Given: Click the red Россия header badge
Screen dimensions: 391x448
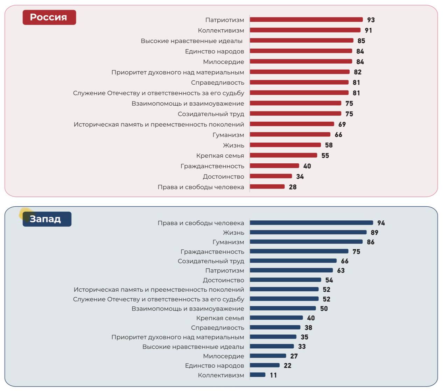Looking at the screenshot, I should [49, 17].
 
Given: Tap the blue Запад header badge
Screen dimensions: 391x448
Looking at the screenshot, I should [47, 219].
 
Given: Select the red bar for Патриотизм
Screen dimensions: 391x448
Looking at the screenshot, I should [306, 20].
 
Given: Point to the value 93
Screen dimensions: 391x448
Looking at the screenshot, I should [371, 20].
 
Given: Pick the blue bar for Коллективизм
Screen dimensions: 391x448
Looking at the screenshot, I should [258, 375].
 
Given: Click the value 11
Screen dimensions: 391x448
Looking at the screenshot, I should [273, 375].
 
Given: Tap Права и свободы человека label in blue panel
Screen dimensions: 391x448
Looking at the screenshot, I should [201, 223].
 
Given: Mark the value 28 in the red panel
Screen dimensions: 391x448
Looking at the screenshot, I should [293, 187].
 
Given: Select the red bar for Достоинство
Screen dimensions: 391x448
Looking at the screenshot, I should [271, 176].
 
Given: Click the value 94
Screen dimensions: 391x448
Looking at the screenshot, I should [381, 223].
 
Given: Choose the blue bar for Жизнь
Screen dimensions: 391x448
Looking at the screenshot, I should [308, 232].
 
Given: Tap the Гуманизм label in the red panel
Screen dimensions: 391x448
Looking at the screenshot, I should [228, 135].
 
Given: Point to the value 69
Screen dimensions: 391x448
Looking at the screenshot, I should [342, 125].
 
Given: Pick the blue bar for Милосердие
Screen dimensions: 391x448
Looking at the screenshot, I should [268, 356].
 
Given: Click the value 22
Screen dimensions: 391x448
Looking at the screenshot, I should [287, 365].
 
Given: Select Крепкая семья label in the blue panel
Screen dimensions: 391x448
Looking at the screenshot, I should [220, 318].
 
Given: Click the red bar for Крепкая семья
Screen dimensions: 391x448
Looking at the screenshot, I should [283, 155].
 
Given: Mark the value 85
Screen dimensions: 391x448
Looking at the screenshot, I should [361, 41].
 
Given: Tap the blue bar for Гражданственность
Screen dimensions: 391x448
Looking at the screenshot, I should [299, 251].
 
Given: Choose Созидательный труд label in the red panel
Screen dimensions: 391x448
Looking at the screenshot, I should [211, 114].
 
